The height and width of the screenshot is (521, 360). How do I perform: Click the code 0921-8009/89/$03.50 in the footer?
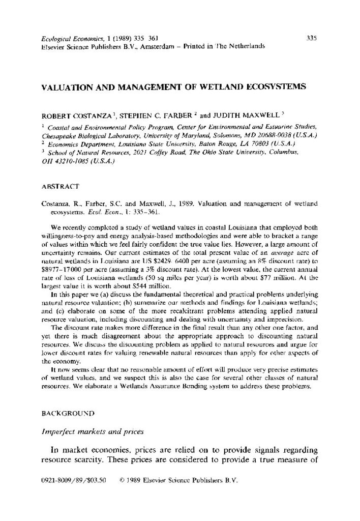click(72, 479)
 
